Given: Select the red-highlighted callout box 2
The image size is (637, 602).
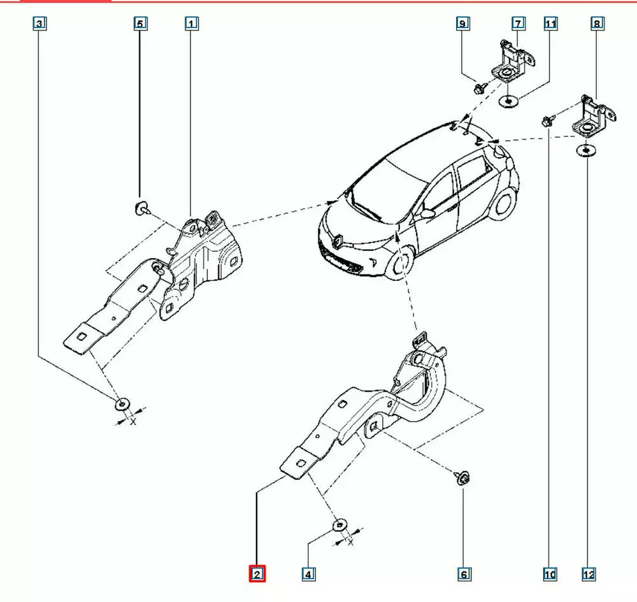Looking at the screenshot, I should tap(257, 575).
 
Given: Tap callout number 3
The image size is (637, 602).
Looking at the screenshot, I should tap(40, 24).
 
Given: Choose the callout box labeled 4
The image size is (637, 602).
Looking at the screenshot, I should tap(308, 575).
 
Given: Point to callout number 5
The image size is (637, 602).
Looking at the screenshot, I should tap(140, 24).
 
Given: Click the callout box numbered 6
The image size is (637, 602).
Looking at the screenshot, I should tap(464, 575).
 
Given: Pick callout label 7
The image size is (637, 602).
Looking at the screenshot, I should tap(518, 24).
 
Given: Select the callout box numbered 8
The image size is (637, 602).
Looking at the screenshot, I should tap(597, 24).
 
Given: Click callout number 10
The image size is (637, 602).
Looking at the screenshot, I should tap(550, 575).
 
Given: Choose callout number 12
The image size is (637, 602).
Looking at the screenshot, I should tap(589, 575).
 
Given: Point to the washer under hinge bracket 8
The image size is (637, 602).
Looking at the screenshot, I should tap(583, 150).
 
